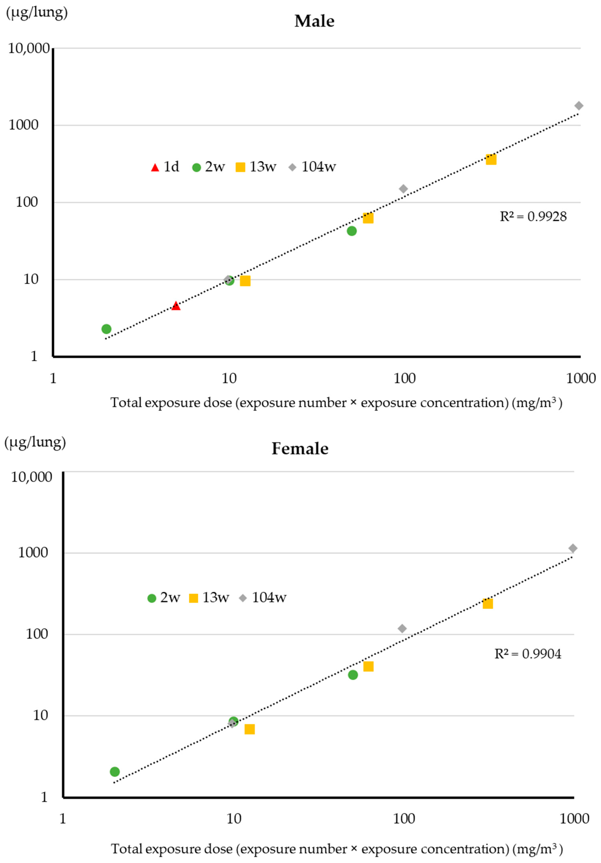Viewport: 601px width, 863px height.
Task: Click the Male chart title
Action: click(314, 21)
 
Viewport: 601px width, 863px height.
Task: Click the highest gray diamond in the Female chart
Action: click(572, 548)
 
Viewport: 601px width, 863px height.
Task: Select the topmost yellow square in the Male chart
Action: click(491, 159)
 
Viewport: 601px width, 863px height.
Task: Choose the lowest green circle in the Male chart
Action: click(107, 329)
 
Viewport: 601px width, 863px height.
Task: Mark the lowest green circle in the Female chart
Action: click(115, 772)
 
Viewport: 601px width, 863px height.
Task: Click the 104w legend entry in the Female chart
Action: click(263, 598)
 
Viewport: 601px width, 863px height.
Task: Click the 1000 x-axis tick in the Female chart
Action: click(574, 819)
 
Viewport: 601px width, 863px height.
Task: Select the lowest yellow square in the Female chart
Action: click(250, 729)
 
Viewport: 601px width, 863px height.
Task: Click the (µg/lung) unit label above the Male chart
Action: click(36, 12)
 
